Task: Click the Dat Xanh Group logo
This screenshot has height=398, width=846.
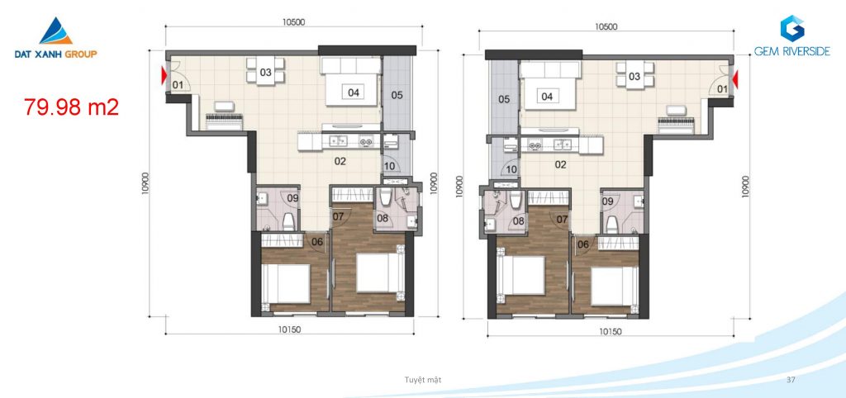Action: point(55,38)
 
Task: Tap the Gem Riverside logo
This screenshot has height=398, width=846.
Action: point(792,36)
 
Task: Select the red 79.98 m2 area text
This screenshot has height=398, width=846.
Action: point(71,107)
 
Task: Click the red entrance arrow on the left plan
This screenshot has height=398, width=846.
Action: point(164,76)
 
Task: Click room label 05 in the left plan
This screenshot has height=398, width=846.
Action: point(397,96)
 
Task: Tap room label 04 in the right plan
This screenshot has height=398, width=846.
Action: point(547,97)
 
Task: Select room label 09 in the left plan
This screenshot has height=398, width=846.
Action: point(293,198)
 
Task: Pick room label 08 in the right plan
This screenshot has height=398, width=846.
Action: point(519,220)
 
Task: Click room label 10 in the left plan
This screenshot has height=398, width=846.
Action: point(390,166)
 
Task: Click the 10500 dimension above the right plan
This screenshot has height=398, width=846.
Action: point(606,26)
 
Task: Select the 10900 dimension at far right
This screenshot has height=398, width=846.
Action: point(746,187)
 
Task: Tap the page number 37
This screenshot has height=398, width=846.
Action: point(791,380)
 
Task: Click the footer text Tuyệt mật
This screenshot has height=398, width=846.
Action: point(423,380)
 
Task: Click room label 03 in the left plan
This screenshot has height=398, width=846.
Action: point(265,73)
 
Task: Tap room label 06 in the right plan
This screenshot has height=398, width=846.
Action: point(582,244)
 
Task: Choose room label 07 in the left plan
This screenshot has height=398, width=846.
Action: point(338,217)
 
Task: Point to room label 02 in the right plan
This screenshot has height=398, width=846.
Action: point(561,164)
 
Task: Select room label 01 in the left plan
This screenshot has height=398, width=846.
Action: point(178,85)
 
